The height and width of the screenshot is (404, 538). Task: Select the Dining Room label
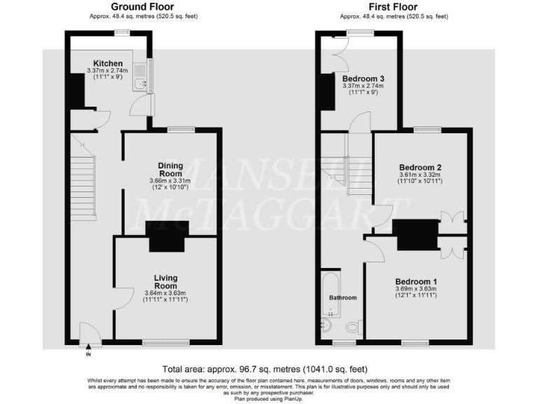(x=170, y=169)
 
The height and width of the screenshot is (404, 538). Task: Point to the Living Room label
(x=165, y=282)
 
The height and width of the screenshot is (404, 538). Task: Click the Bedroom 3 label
(x=363, y=78)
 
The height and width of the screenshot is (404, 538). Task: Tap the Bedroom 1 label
(x=416, y=281)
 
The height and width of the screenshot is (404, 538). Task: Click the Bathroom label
(x=343, y=297)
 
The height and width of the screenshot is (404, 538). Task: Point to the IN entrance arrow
(x=88, y=346)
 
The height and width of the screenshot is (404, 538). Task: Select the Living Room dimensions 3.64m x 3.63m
(x=165, y=292)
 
